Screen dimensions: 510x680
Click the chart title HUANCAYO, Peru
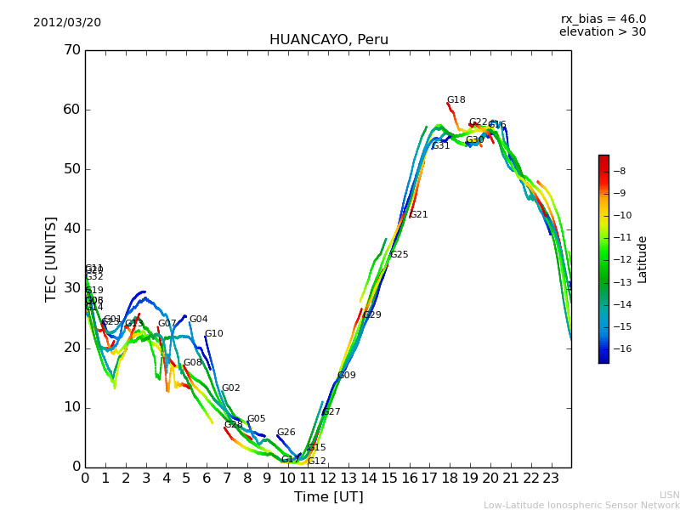[328, 40]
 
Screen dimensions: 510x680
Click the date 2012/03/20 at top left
[67, 23]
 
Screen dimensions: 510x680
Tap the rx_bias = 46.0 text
[603, 20]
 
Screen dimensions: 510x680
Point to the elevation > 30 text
[602, 32]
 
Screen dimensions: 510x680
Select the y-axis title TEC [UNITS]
[51, 258]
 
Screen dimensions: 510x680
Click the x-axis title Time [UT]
[328, 497]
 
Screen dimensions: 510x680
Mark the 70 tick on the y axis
[71, 50]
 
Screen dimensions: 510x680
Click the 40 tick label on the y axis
[71, 229]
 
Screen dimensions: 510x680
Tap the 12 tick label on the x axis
[328, 478]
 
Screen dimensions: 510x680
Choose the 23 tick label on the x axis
[551, 478]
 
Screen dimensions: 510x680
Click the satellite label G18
[456, 100]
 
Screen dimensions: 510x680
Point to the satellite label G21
[419, 215]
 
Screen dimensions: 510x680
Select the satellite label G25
[399, 255]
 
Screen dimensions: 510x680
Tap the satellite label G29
[372, 315]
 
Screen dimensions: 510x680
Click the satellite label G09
[347, 376]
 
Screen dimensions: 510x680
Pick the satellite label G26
[286, 433]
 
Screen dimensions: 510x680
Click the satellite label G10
[214, 334]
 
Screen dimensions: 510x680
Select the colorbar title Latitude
[643, 259]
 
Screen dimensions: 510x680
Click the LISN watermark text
[669, 495]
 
